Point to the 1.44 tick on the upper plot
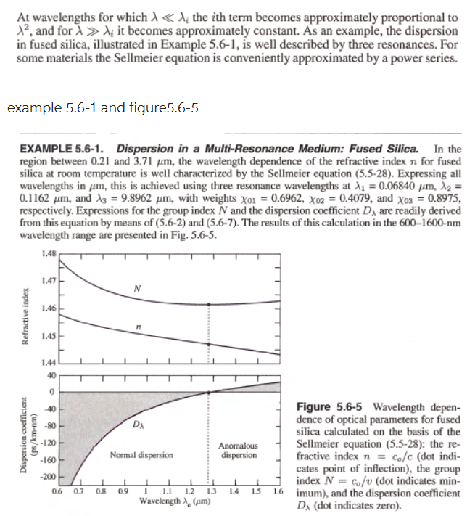pyautogui.click(x=49, y=362)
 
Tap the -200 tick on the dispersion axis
pyautogui.click(x=49, y=476)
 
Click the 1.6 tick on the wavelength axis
pyautogui.click(x=278, y=491)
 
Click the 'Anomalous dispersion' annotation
pyautogui.click(x=239, y=450)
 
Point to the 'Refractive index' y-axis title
pyautogui.click(x=27, y=308)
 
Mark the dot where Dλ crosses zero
pyautogui.click(x=209, y=393)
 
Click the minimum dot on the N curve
pyautogui.click(x=209, y=303)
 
